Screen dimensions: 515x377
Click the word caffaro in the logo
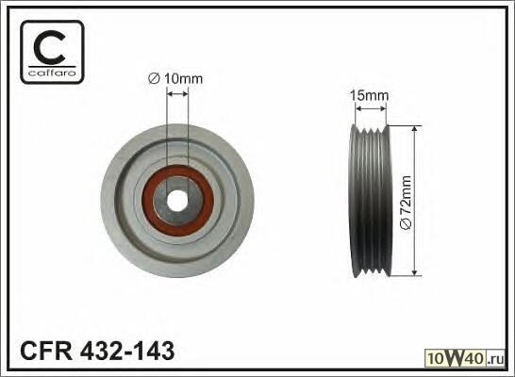pyautogui.click(x=52, y=74)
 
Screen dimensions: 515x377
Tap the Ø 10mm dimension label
pyautogui.click(x=175, y=79)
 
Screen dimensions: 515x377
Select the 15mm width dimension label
pyautogui.click(x=369, y=95)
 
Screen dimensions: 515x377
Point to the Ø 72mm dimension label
pyautogui.click(x=406, y=204)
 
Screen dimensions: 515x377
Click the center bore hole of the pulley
pyautogui.click(x=176, y=201)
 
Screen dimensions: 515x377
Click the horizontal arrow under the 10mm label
pyautogui.click(x=177, y=94)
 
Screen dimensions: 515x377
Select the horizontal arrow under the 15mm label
pyautogui.click(x=371, y=108)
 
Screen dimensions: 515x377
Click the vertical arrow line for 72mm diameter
pyautogui.click(x=415, y=201)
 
